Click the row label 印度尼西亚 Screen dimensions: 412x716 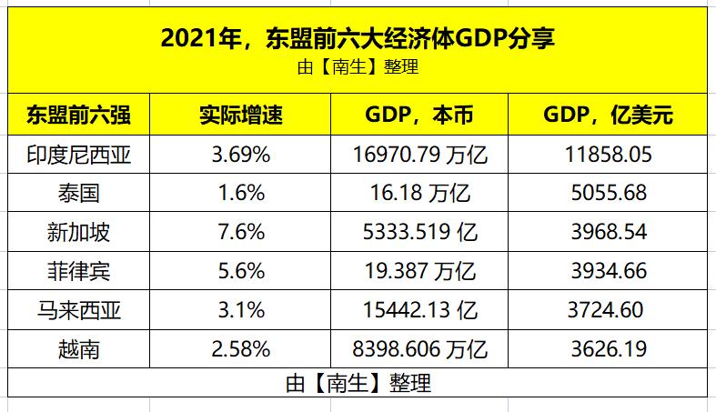click(78, 156)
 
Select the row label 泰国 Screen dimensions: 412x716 click(78, 194)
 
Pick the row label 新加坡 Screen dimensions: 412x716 click(78, 233)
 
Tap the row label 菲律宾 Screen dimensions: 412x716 click(78, 271)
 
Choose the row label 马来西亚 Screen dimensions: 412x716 click(78, 310)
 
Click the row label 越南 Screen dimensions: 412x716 click(78, 348)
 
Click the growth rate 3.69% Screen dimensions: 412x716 click(240, 156)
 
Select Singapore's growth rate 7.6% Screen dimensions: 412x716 click(240, 233)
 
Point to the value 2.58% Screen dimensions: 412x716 click(240, 348)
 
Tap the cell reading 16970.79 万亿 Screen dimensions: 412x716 click(419, 156)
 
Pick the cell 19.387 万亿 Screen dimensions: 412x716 click(419, 271)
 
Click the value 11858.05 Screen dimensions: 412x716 click(607, 156)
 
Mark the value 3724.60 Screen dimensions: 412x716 click(607, 310)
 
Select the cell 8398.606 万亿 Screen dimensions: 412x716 click(419, 348)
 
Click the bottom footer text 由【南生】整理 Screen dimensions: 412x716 click(358, 383)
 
